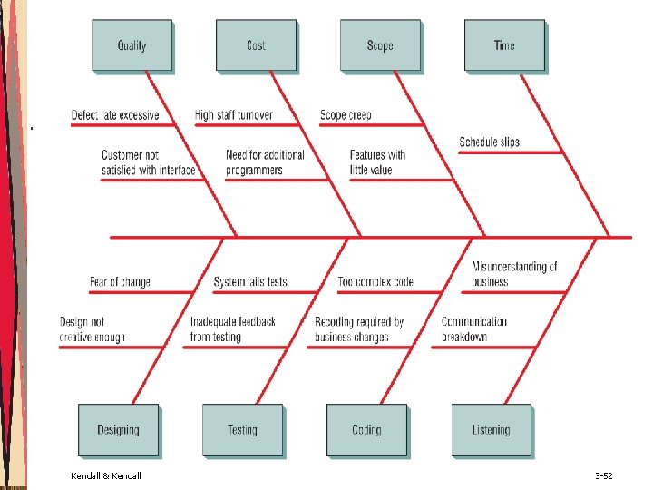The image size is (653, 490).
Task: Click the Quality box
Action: click(x=132, y=45)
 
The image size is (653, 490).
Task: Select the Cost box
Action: click(x=256, y=45)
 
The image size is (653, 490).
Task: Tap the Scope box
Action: click(x=380, y=45)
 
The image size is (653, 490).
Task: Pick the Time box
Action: click(x=504, y=45)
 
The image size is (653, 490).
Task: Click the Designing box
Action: click(x=118, y=430)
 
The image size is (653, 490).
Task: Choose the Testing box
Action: click(x=242, y=430)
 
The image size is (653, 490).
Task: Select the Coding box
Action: click(x=366, y=430)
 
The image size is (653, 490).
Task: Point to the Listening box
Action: click(x=491, y=430)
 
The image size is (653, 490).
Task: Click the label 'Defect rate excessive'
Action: click(x=115, y=115)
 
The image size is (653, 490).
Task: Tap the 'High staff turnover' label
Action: click(x=234, y=115)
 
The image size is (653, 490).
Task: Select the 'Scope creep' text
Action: click(x=346, y=115)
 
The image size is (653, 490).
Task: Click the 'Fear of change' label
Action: click(x=120, y=281)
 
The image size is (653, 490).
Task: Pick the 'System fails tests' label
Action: click(x=250, y=281)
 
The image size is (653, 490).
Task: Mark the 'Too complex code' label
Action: click(x=375, y=281)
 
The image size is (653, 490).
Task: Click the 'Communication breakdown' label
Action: click(x=474, y=329)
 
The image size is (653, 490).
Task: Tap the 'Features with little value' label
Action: click(x=377, y=162)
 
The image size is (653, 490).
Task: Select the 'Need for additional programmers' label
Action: click(x=265, y=162)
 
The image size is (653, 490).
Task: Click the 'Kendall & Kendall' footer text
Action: click(x=105, y=475)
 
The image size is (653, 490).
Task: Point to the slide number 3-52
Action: click(x=604, y=475)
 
